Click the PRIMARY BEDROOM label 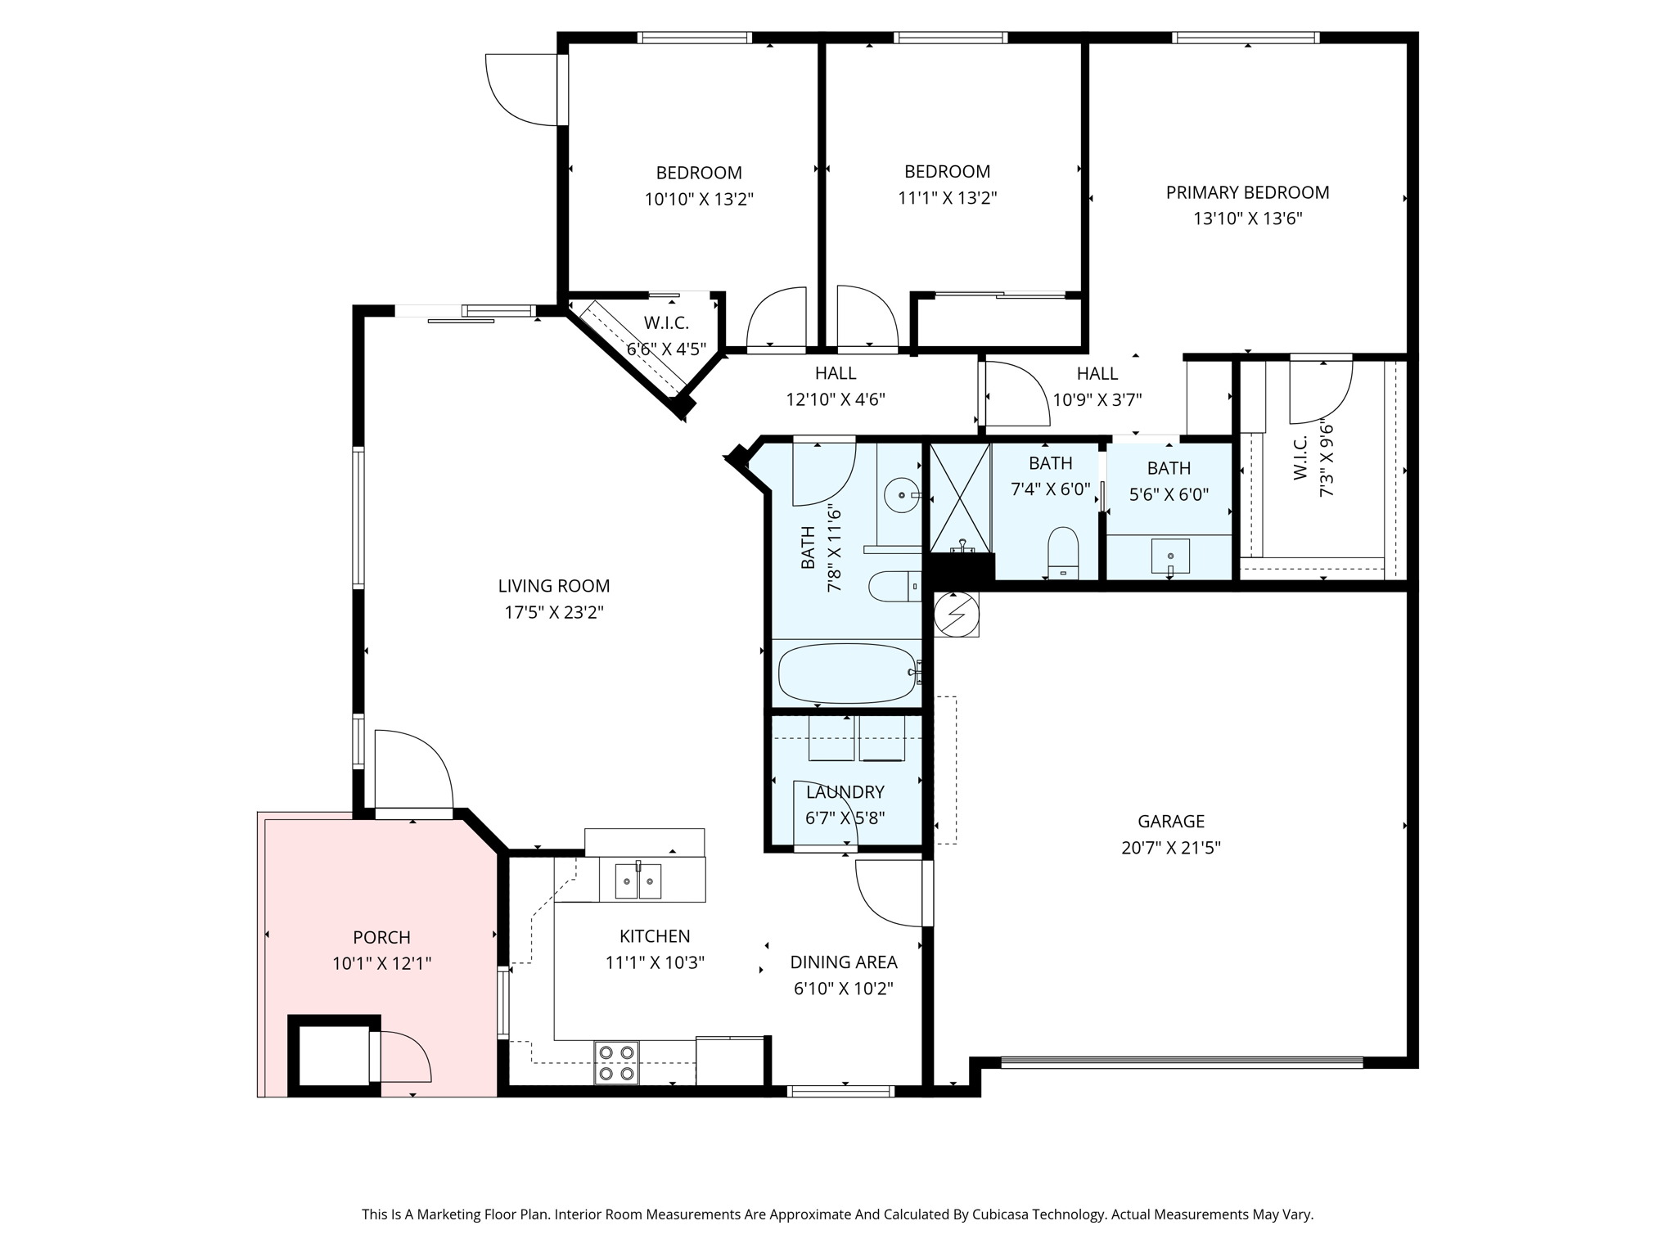1247,192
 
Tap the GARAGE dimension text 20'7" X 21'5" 1171,848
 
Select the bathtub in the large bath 847,674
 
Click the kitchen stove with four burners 616,1062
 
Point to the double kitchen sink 638,881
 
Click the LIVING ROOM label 554,586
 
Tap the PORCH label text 381,937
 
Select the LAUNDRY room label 845,792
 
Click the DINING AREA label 844,962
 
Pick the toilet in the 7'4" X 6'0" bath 1063,553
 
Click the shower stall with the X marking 960,497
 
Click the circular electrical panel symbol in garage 957,614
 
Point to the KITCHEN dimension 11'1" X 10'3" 655,962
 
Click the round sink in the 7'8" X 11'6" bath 902,495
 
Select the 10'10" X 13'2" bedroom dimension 699,199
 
